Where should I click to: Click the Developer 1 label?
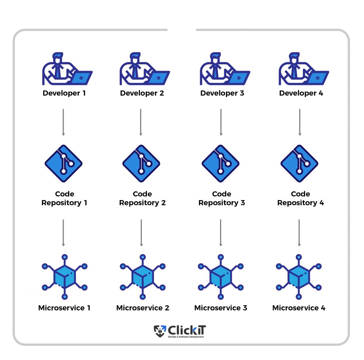(64, 93)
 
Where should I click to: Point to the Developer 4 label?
(301, 93)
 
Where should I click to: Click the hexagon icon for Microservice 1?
(64, 276)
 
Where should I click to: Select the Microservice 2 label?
(143, 308)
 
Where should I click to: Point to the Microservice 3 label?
(220, 308)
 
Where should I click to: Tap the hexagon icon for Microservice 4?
(299, 276)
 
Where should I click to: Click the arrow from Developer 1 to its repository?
(63, 122)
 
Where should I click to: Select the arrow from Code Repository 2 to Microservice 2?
(141, 233)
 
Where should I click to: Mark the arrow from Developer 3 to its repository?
(221, 122)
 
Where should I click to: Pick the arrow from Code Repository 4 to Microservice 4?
(299, 233)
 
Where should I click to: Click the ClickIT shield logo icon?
(160, 331)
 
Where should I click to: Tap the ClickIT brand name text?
(187, 330)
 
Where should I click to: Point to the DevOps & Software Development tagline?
(186, 337)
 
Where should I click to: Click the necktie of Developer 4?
(294, 70)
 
